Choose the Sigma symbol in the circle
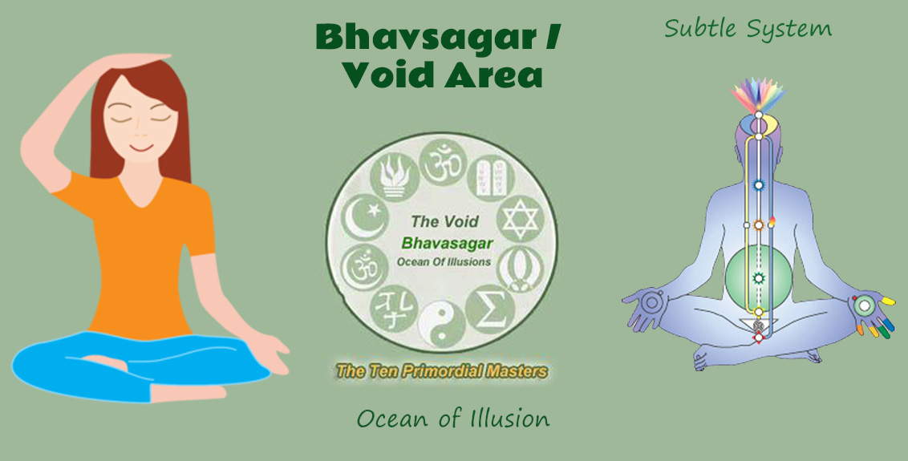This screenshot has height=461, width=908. click(x=490, y=309)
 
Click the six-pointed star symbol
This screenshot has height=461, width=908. click(x=520, y=220)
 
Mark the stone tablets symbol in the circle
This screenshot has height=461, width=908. click(x=491, y=177)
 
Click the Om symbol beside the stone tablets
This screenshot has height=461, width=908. click(x=443, y=163)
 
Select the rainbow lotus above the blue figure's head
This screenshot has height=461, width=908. click(x=759, y=96)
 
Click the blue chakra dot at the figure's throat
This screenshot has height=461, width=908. click(x=758, y=185)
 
